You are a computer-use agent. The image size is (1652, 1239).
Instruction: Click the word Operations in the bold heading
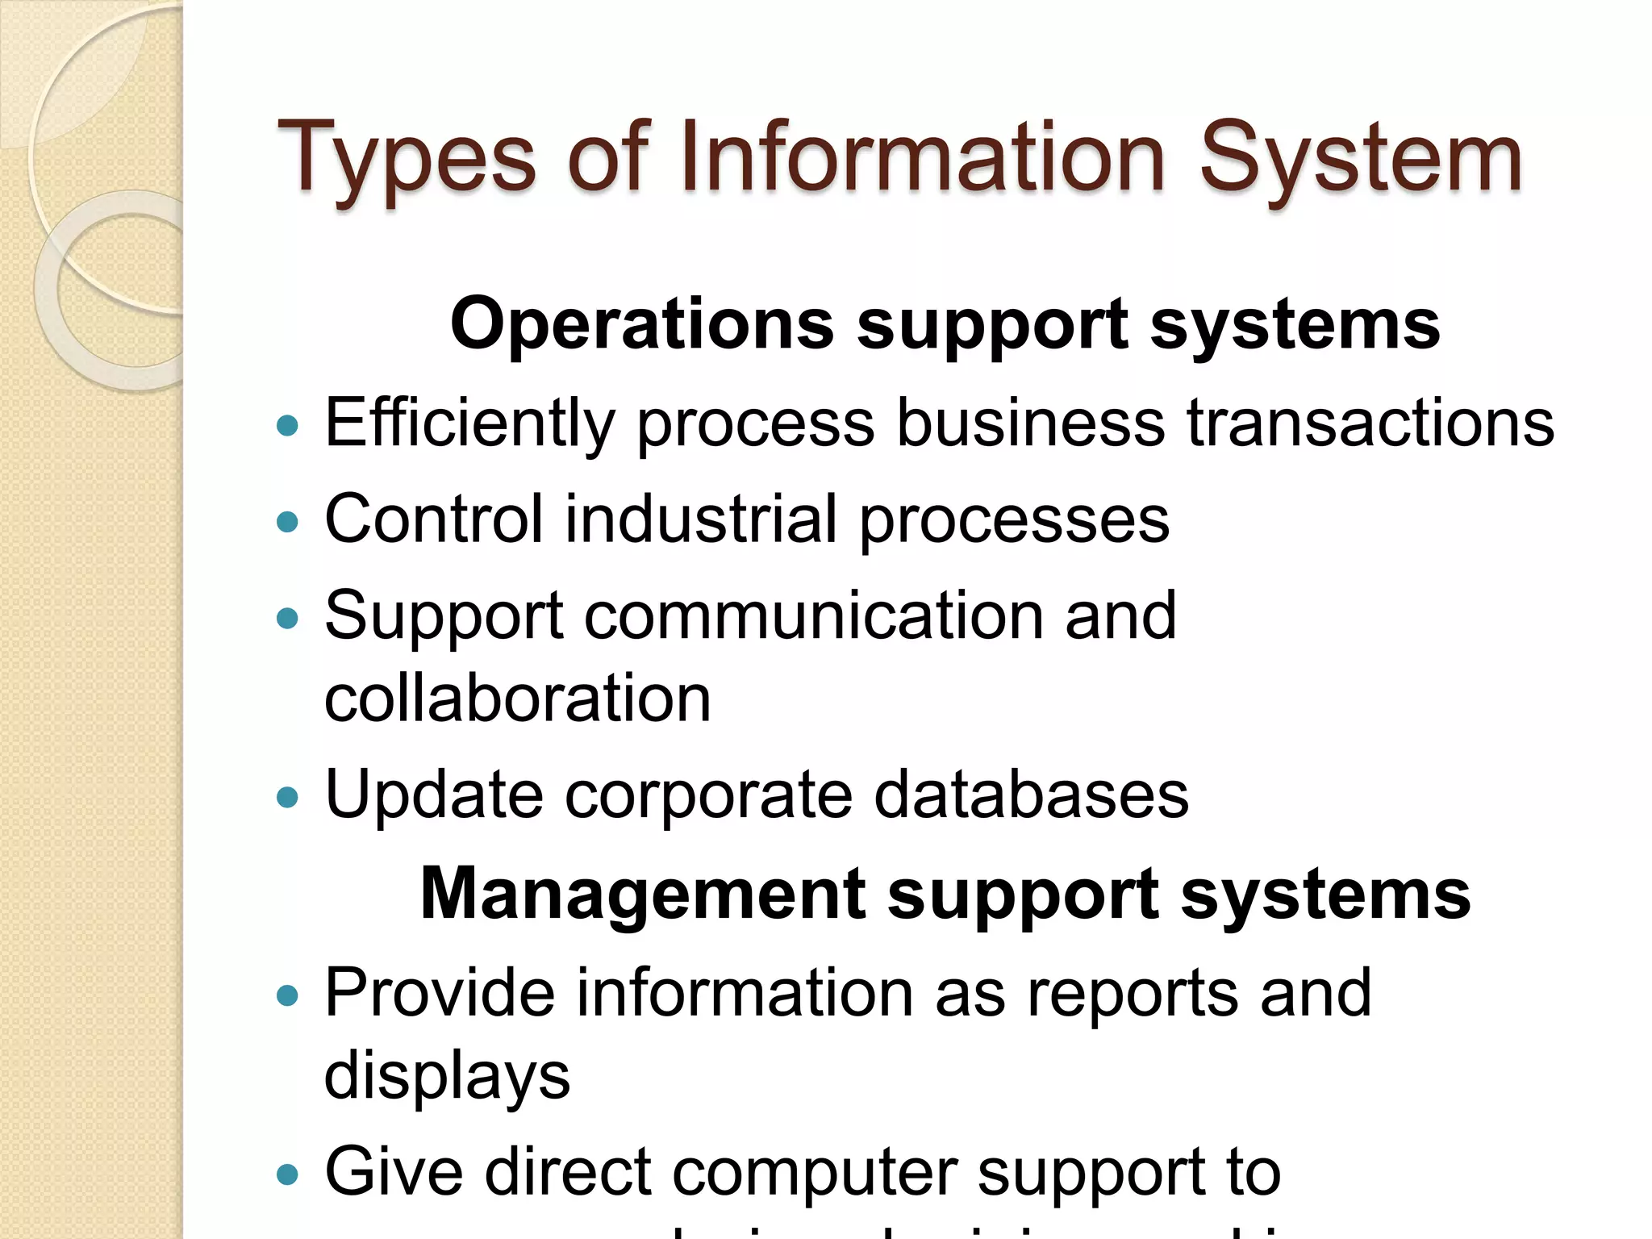click(642, 324)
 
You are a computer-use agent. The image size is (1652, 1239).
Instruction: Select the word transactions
click(1370, 423)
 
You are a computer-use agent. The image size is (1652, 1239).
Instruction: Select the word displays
click(447, 1076)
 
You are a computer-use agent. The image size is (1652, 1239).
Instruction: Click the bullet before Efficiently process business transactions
click(287, 425)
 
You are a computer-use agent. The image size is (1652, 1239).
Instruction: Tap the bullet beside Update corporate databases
click(287, 798)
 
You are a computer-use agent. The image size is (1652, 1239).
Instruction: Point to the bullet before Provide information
click(287, 995)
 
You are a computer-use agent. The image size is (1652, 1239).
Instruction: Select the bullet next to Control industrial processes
click(287, 522)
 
